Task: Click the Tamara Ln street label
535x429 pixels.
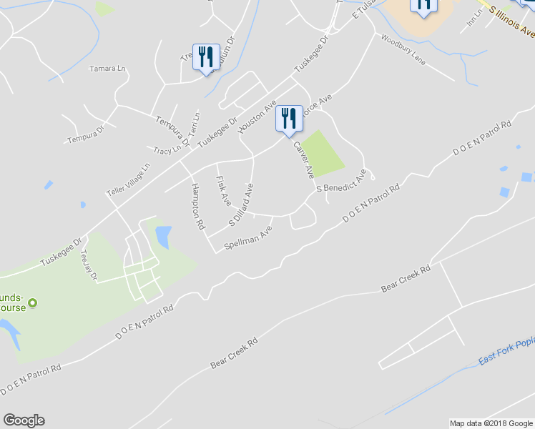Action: (107, 69)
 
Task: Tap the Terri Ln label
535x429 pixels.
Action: (195, 122)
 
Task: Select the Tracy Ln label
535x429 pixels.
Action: (167, 151)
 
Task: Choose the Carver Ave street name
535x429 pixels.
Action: (303, 159)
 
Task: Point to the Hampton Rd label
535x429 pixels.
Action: (198, 207)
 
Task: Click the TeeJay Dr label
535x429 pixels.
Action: (88, 265)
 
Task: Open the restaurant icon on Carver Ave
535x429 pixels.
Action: (289, 120)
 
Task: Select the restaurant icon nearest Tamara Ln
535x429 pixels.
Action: (206, 58)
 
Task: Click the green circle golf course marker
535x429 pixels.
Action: (32, 302)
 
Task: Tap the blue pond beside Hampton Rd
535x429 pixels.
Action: (163, 236)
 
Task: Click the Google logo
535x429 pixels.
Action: (24, 420)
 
